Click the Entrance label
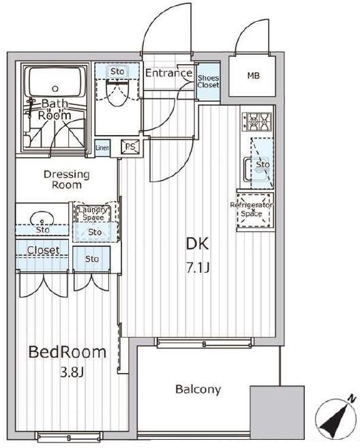(168, 73)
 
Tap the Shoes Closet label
(208, 81)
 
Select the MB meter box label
(254, 76)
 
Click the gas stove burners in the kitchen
(257, 122)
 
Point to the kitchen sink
(256, 169)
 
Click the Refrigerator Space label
(252, 209)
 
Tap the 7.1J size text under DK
(198, 268)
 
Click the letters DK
(198, 244)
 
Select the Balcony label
(198, 389)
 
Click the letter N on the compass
(352, 398)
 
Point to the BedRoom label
(67, 353)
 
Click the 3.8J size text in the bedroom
(72, 372)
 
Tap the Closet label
(44, 250)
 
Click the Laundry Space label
(93, 213)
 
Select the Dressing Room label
(67, 179)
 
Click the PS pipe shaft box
(130, 147)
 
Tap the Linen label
(102, 148)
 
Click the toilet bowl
(117, 93)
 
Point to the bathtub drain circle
(55, 89)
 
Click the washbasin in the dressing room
(42, 220)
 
